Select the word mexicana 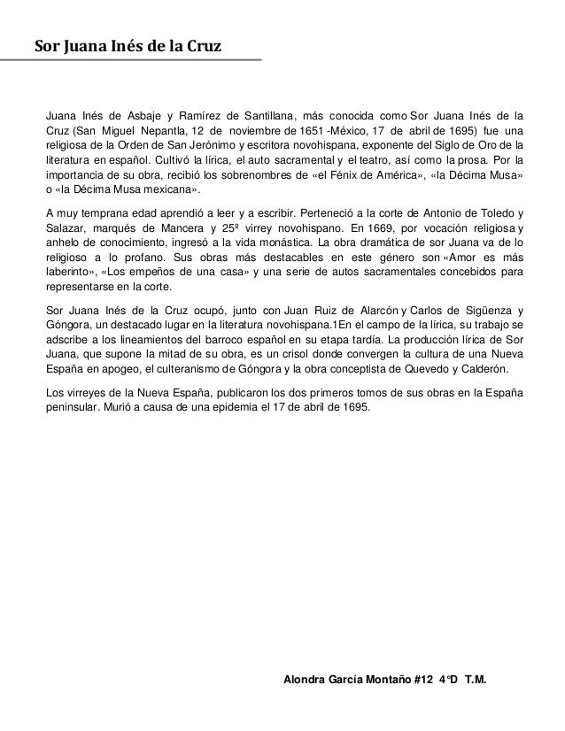168,189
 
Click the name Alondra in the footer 300,679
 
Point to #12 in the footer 427,679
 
